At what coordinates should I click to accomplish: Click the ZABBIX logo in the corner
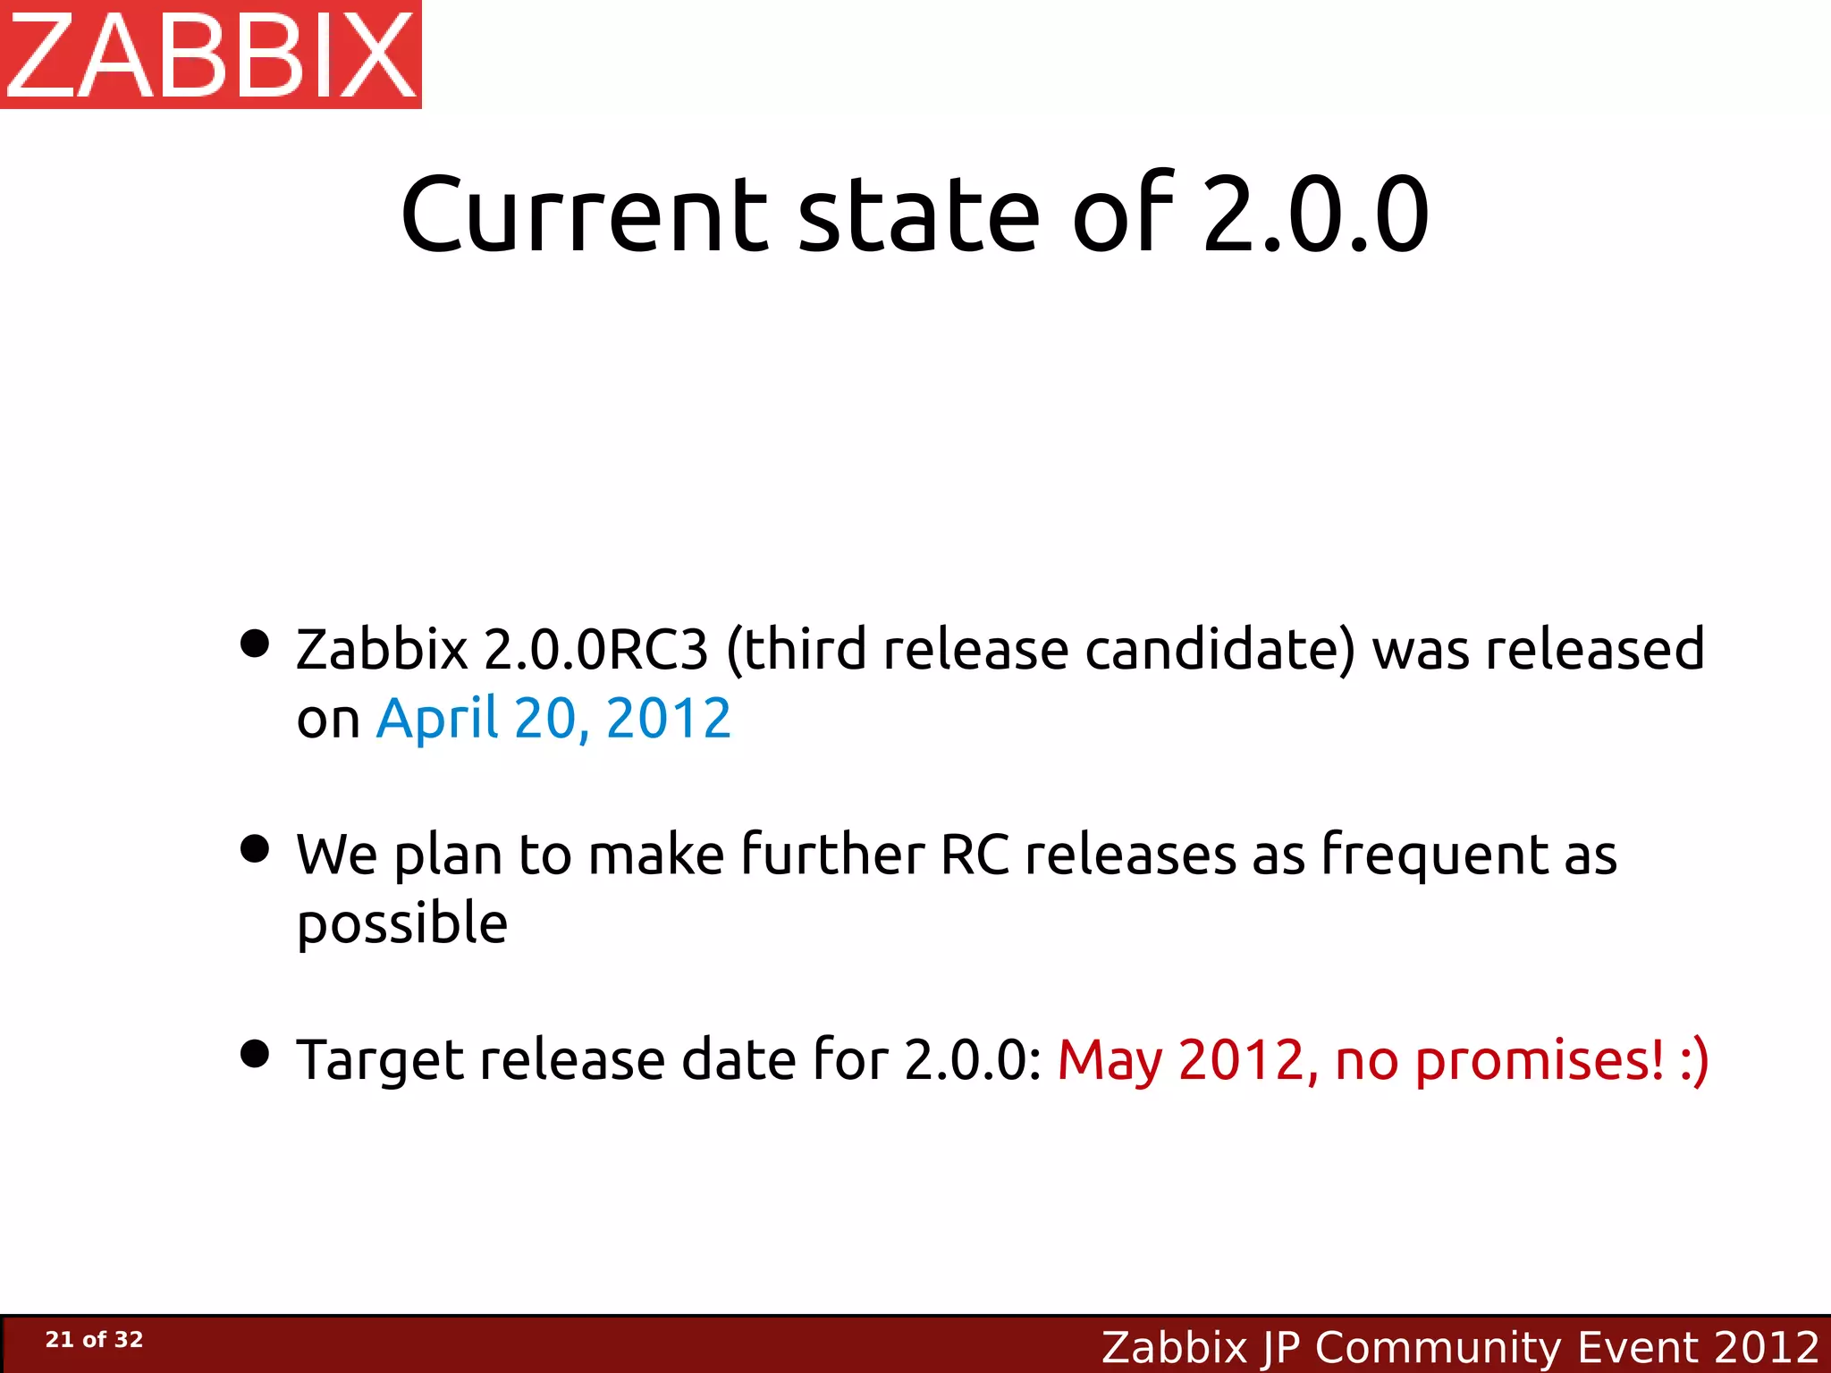[211, 54]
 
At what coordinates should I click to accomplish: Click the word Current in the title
[584, 215]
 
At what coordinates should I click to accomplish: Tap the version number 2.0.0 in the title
[1316, 215]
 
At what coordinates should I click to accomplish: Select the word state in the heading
[919, 215]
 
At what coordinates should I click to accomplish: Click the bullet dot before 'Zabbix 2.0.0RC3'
[255, 644]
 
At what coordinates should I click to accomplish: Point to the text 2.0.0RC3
[595, 649]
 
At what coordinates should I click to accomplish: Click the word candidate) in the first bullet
[1220, 649]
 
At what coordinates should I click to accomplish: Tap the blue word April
[436, 719]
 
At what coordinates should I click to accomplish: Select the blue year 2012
[669, 719]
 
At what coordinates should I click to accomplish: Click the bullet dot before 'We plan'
[255, 849]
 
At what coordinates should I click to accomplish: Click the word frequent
[1434, 856]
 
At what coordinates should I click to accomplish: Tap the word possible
[402, 925]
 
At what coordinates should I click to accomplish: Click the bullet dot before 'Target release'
[255, 1054]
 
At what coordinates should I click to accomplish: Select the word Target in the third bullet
[380, 1061]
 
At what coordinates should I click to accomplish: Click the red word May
[1110, 1061]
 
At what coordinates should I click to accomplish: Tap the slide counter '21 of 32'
[94, 1339]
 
